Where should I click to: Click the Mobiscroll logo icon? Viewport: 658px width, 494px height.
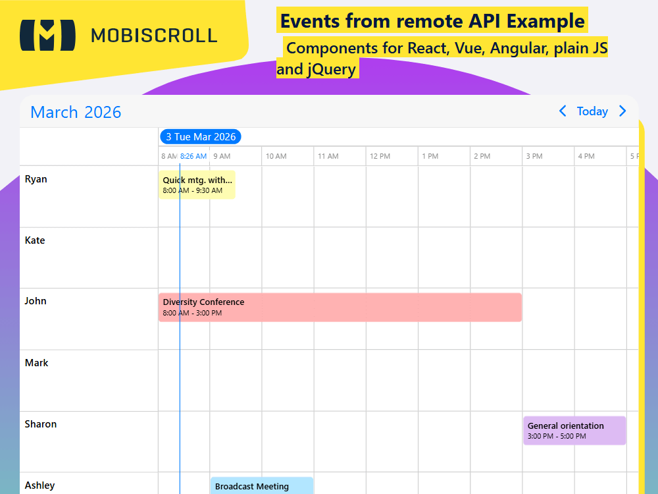tap(47, 35)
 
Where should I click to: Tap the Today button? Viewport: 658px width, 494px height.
tap(592, 111)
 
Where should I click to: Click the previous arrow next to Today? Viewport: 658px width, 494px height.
tap(563, 111)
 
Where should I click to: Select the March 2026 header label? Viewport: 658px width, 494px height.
tap(76, 112)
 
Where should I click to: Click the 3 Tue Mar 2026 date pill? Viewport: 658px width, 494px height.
tap(201, 137)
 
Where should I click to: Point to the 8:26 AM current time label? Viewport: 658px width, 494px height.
tap(193, 156)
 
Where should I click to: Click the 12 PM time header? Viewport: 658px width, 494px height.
tap(380, 156)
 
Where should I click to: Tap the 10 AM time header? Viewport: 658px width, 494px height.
tap(276, 156)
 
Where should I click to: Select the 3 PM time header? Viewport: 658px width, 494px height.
tap(534, 156)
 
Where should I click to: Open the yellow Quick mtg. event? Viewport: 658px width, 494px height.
tap(197, 184)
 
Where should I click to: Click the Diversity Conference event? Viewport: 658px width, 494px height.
tap(340, 307)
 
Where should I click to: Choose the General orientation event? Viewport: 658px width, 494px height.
tap(574, 430)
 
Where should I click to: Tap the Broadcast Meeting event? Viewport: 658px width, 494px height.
tap(261, 486)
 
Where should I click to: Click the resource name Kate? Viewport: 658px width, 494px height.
tap(35, 240)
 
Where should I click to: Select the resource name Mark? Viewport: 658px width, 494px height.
tap(36, 363)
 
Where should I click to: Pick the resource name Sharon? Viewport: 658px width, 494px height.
tap(41, 424)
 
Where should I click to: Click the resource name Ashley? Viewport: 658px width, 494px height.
tap(39, 485)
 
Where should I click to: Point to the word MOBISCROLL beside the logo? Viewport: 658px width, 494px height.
tap(154, 35)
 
